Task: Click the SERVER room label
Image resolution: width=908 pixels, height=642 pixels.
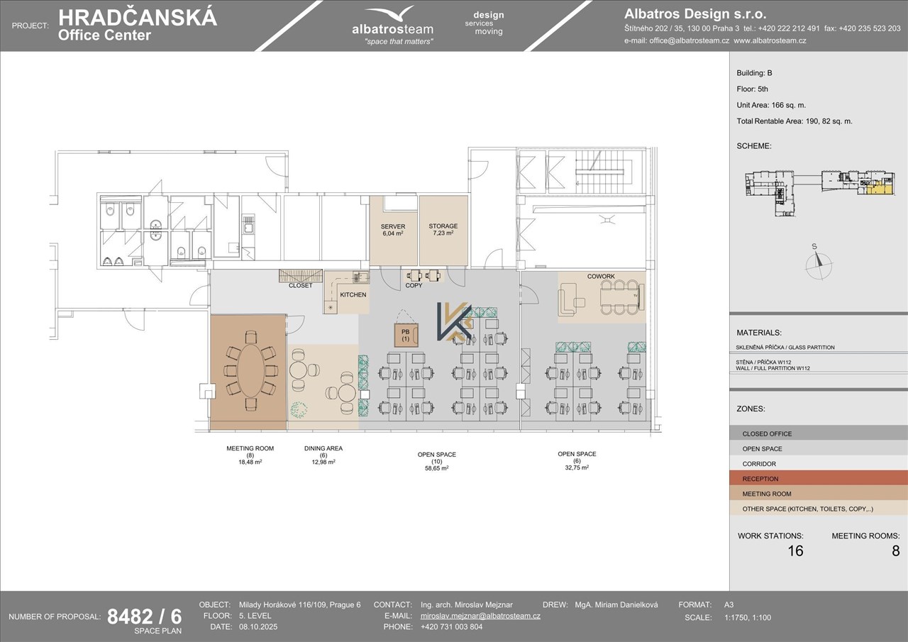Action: [393, 226]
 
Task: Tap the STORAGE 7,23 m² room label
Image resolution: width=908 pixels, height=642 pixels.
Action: [443, 229]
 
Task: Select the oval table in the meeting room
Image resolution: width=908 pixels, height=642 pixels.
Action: [250, 370]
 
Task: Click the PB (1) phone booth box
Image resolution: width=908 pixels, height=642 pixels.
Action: [406, 335]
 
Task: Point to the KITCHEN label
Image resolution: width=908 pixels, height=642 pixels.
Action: [353, 294]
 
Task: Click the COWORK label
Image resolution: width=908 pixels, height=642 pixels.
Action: [601, 277]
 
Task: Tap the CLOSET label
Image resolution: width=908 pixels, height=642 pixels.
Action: [300, 285]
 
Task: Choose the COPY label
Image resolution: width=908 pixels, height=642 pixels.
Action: [414, 285]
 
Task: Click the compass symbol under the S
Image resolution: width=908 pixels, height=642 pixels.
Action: [819, 266]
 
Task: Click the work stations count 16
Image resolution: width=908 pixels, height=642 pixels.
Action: [795, 550]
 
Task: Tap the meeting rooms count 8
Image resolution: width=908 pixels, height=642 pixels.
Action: [895, 550]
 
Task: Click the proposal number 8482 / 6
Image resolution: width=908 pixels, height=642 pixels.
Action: [145, 617]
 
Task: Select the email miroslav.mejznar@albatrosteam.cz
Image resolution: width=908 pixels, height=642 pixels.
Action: [480, 616]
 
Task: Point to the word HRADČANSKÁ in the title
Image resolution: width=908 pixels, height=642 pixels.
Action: [138, 18]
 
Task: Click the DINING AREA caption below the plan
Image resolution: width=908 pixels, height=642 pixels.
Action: [323, 448]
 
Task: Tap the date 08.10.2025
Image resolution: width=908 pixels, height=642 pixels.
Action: [258, 626]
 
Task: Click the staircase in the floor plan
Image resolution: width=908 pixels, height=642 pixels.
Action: [603, 172]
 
